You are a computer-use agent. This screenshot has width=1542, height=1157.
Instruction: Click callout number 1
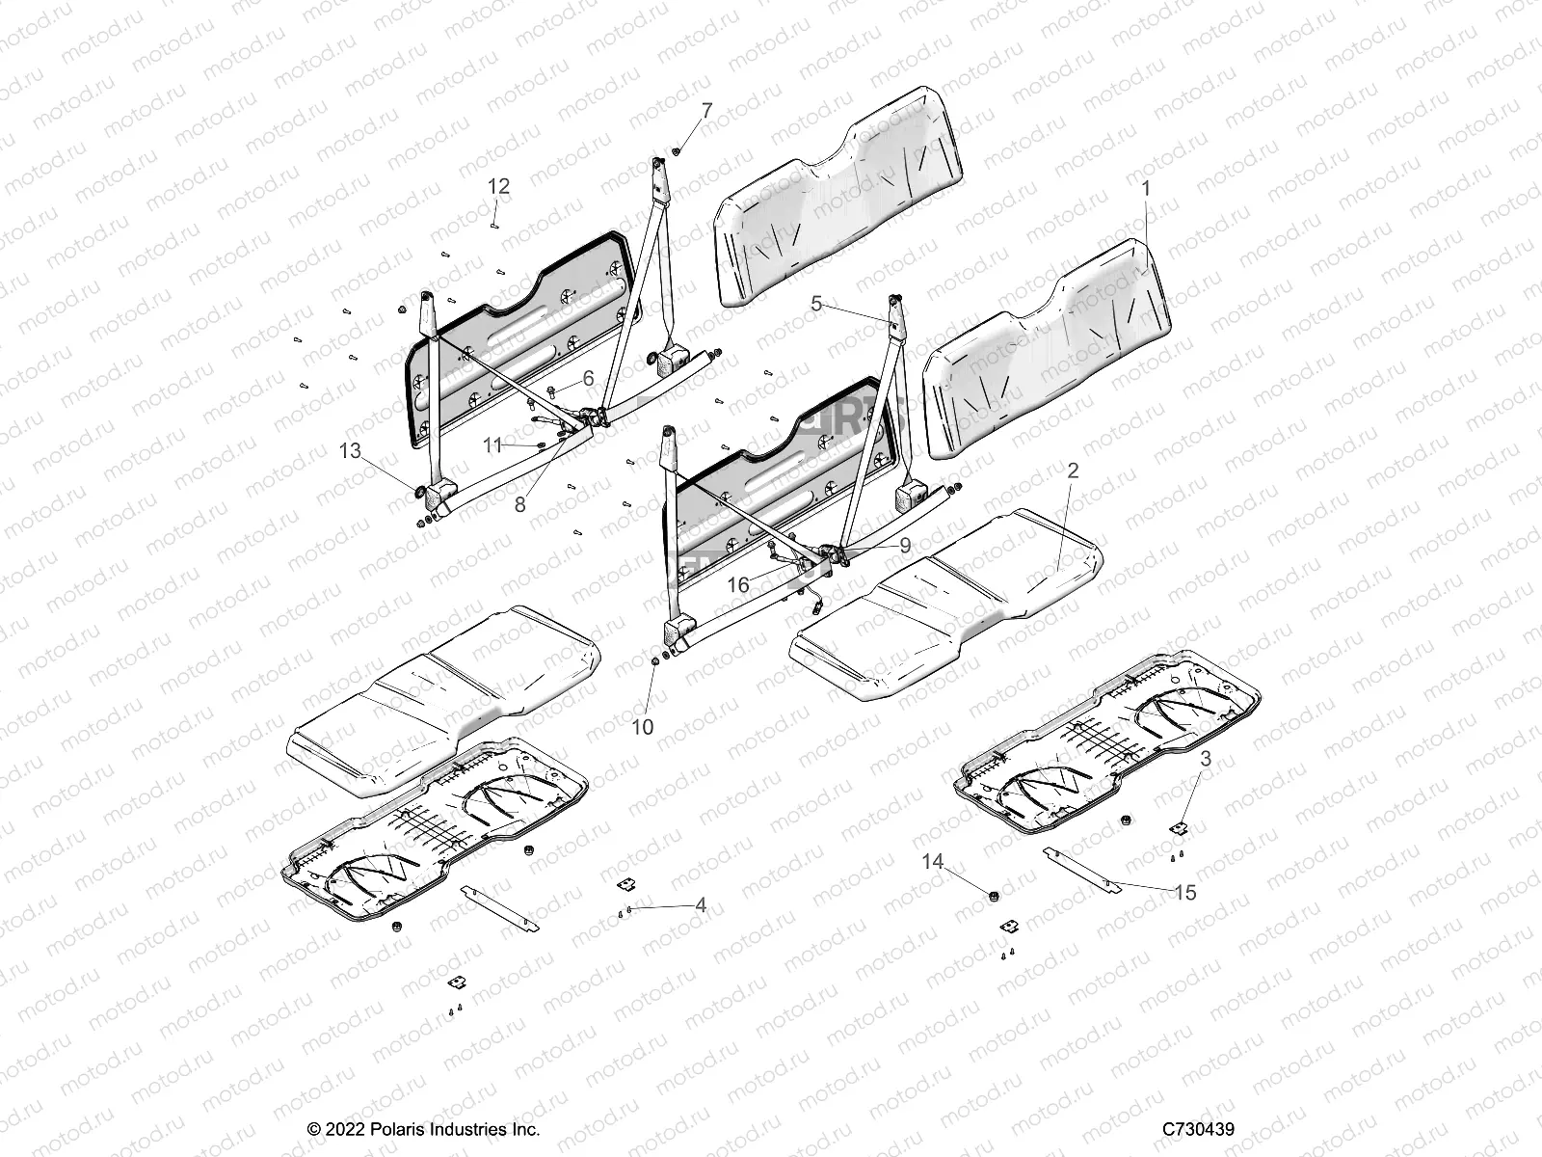click(x=1146, y=189)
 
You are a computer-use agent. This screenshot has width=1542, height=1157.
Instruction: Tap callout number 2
click(x=1073, y=471)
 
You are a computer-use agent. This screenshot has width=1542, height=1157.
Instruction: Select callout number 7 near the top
click(x=707, y=111)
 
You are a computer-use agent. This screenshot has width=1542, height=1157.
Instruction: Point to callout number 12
click(x=498, y=186)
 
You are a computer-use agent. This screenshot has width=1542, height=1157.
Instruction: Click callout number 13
click(x=350, y=450)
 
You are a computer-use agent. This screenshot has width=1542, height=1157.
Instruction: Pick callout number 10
click(x=642, y=727)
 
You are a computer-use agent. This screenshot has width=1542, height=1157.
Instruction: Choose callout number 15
click(x=1185, y=893)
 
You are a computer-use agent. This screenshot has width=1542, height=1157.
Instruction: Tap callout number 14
click(x=932, y=861)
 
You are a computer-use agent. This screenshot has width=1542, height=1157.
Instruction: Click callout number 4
click(x=701, y=905)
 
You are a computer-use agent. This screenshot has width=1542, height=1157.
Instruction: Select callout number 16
click(x=737, y=585)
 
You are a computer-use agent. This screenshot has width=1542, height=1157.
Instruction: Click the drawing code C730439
click(x=1198, y=1129)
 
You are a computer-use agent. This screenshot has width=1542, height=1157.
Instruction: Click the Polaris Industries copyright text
click(x=423, y=1129)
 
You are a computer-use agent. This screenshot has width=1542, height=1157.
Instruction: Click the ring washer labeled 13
click(x=420, y=494)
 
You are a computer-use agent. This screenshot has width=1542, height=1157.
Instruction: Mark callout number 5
click(x=816, y=304)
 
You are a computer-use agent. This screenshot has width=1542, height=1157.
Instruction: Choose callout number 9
click(x=905, y=545)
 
